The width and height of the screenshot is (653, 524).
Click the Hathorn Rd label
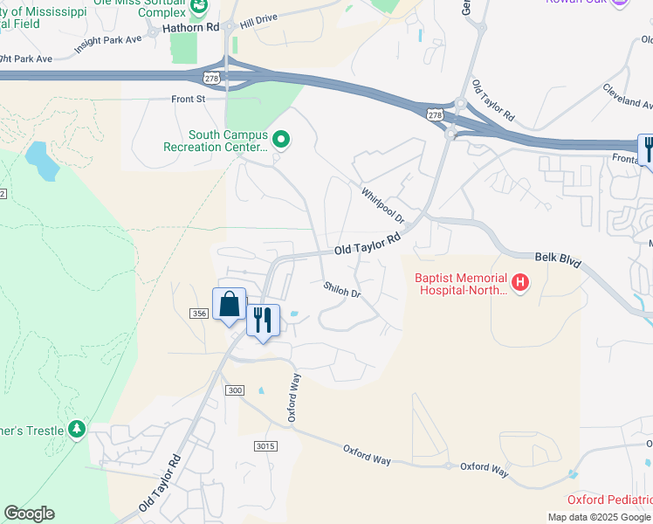click(189, 28)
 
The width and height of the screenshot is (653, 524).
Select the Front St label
click(188, 100)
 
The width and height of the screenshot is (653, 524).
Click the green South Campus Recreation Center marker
click(281, 139)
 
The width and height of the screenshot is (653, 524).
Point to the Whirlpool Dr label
click(382, 204)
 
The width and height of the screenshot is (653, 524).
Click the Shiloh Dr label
click(342, 289)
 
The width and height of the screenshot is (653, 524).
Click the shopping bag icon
click(230, 304)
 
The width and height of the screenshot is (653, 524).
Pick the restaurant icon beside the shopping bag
click(263, 320)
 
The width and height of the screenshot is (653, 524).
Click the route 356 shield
click(198, 312)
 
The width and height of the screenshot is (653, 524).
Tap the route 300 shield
click(233, 390)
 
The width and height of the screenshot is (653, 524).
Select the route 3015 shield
click(265, 446)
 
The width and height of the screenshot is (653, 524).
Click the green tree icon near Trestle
click(78, 430)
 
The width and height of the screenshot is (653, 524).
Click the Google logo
click(30, 514)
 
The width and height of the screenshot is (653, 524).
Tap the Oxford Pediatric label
click(609, 500)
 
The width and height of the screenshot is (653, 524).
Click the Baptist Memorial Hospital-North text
click(460, 284)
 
